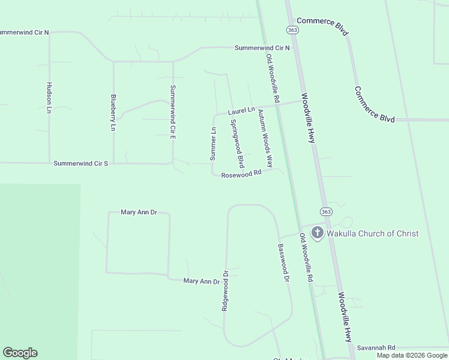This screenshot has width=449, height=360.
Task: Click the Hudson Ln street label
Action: point(48,97)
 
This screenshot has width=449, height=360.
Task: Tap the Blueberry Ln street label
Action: point(112,112)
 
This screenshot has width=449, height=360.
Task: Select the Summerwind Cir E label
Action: point(172,112)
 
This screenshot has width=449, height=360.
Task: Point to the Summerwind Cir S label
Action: point(80,163)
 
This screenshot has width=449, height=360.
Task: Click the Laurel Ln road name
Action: point(241,111)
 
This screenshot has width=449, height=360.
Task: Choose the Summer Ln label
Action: point(212,143)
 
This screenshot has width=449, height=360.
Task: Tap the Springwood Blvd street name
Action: point(237,143)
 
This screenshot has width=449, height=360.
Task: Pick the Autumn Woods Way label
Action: point(265,138)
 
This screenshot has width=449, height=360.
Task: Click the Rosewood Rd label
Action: point(241,174)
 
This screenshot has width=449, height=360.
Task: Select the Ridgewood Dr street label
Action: point(225,289)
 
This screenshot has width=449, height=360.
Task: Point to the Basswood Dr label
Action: point(283,263)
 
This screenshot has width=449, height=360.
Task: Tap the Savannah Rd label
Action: point(376,347)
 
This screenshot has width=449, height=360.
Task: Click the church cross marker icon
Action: point(317,233)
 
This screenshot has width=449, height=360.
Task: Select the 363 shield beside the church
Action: point(325,211)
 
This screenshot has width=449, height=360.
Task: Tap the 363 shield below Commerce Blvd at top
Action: point(292,29)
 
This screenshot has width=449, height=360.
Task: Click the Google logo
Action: point(20,353)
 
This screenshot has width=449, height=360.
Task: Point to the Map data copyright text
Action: point(412,355)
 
